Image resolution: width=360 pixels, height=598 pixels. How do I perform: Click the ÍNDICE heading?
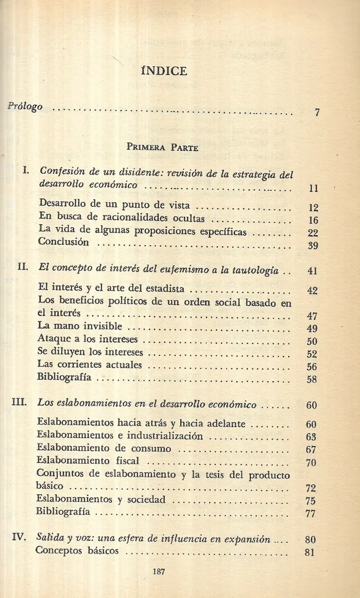(164, 71)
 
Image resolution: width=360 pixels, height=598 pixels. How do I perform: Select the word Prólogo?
(25, 107)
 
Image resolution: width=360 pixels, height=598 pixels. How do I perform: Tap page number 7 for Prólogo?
(317, 112)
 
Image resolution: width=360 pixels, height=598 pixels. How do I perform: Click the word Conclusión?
(64, 242)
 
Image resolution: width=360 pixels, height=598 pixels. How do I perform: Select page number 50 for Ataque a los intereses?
(312, 342)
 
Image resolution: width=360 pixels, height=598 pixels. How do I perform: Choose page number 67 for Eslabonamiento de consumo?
(312, 450)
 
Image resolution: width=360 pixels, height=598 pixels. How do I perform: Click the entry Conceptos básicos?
(78, 551)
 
